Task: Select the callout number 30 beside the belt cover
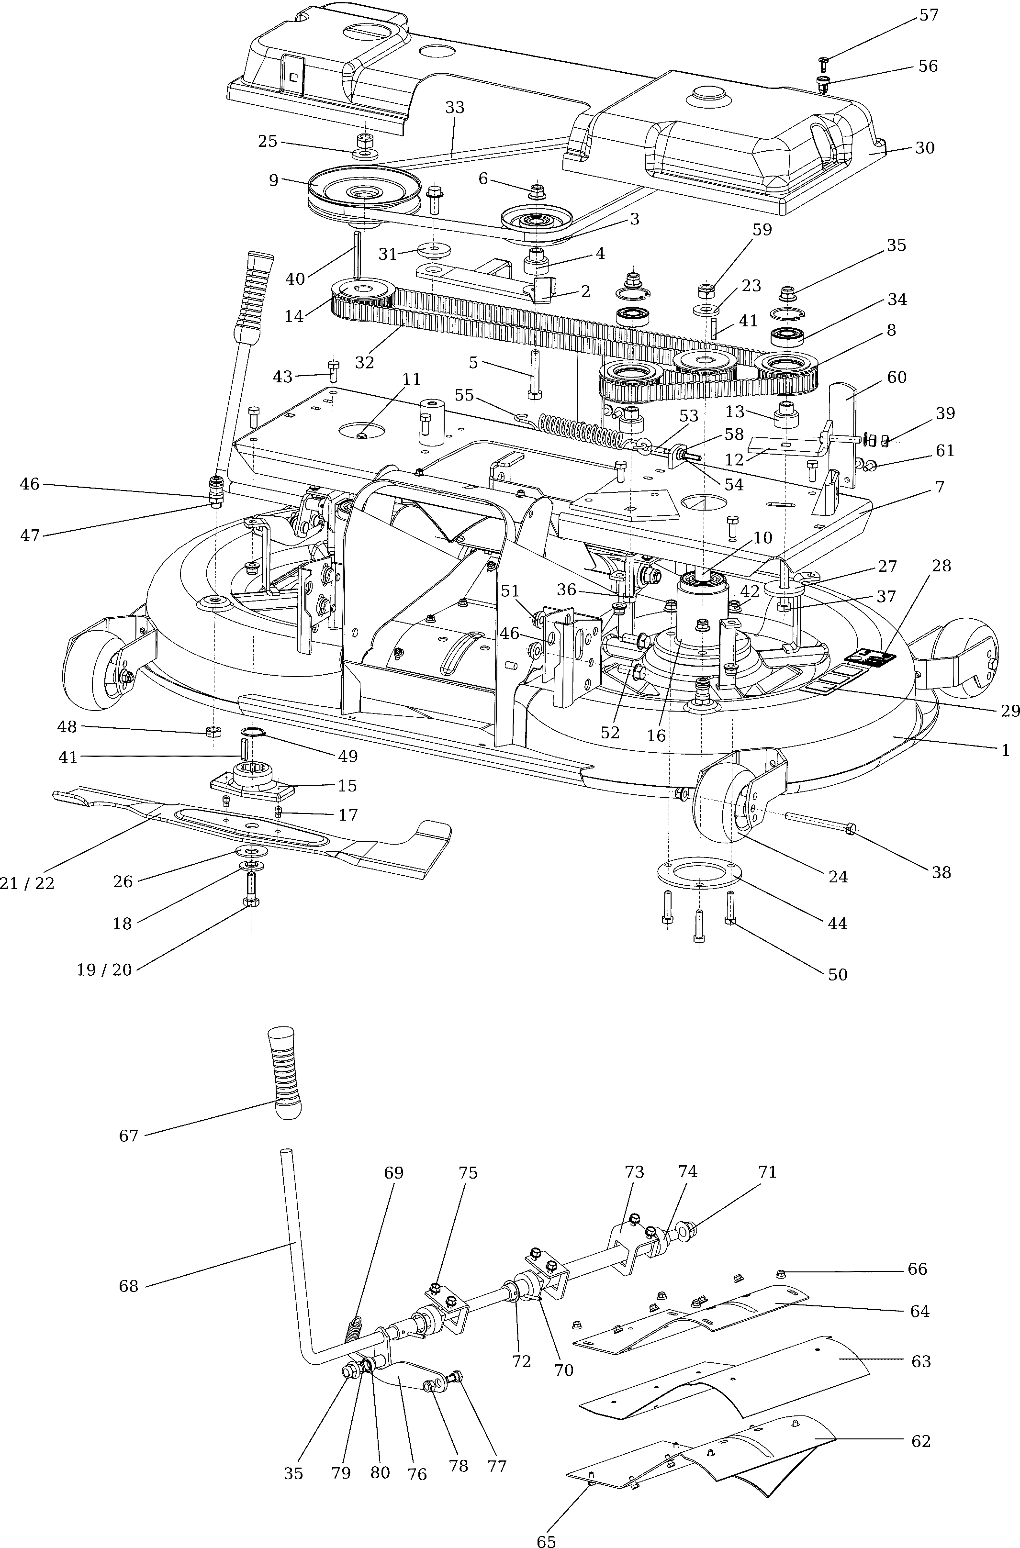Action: tap(924, 148)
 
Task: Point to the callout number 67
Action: tap(129, 1136)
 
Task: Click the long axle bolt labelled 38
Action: tap(819, 821)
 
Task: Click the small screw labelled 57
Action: tap(822, 62)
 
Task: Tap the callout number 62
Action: tap(921, 1441)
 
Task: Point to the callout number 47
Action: tap(30, 535)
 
